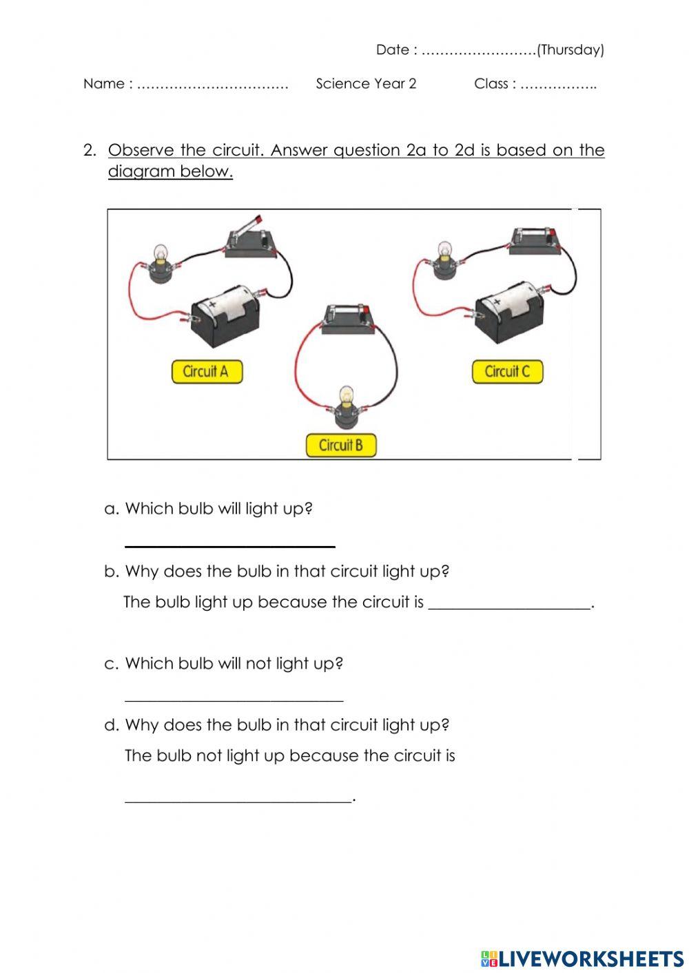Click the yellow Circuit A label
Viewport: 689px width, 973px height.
click(x=206, y=372)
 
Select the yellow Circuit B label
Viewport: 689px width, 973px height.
click(x=341, y=445)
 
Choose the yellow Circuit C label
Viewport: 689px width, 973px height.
click(x=507, y=372)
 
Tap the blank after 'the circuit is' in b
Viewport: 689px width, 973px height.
click(x=509, y=604)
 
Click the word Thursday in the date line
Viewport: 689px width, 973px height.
click(x=570, y=50)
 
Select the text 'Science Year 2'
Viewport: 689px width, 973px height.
click(x=366, y=84)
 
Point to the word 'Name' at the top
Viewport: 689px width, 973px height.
click(x=103, y=84)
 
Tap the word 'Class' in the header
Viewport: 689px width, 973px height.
click(x=491, y=84)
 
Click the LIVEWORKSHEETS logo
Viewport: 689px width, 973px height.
click(x=582, y=958)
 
